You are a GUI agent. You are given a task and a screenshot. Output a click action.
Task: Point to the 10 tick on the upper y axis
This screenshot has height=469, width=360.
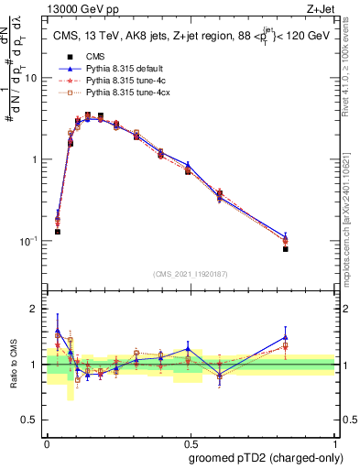(34, 79)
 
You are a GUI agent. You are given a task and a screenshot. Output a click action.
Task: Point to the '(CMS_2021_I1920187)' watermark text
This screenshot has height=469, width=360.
(191, 273)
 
